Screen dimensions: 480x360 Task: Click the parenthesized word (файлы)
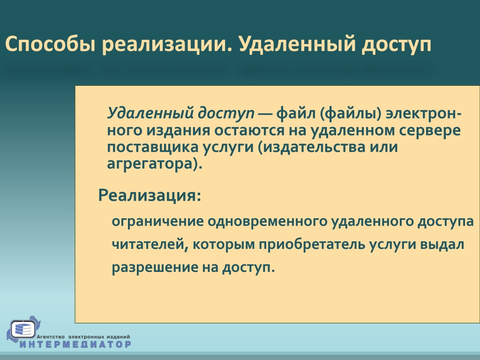[351, 114]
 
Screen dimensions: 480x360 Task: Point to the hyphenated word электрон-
[424, 113]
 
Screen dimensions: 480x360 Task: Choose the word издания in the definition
[178, 130]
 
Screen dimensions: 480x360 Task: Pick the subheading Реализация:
[150, 195]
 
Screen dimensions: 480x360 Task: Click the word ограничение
[157, 222]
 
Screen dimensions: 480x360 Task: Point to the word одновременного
[268, 221]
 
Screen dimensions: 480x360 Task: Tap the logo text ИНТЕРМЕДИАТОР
[75, 344]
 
